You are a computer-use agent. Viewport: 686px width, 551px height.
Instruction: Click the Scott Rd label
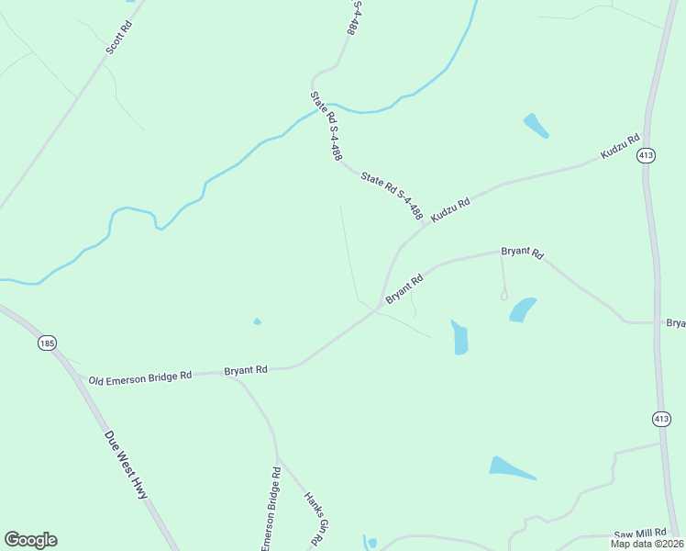(119, 36)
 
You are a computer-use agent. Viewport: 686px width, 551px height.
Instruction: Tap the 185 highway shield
(48, 343)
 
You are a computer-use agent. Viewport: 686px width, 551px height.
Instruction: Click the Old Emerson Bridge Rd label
(139, 376)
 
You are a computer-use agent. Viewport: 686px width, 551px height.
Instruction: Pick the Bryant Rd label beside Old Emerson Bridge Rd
(246, 370)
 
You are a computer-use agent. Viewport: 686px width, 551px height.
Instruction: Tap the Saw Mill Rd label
(638, 534)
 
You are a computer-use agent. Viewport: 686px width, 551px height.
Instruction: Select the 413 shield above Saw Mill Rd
(661, 418)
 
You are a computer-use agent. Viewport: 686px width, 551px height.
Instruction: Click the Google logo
(30, 540)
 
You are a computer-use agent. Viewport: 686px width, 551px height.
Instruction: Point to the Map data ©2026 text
(646, 544)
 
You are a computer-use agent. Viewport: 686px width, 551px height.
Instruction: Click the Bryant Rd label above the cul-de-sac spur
(522, 252)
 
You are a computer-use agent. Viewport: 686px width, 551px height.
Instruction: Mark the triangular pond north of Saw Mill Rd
(510, 467)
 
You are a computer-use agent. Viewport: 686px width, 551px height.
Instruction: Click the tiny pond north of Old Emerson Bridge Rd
(257, 321)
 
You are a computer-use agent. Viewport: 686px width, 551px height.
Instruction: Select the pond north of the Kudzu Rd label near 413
(535, 126)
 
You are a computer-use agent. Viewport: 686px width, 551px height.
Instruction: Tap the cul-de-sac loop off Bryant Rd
(503, 295)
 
